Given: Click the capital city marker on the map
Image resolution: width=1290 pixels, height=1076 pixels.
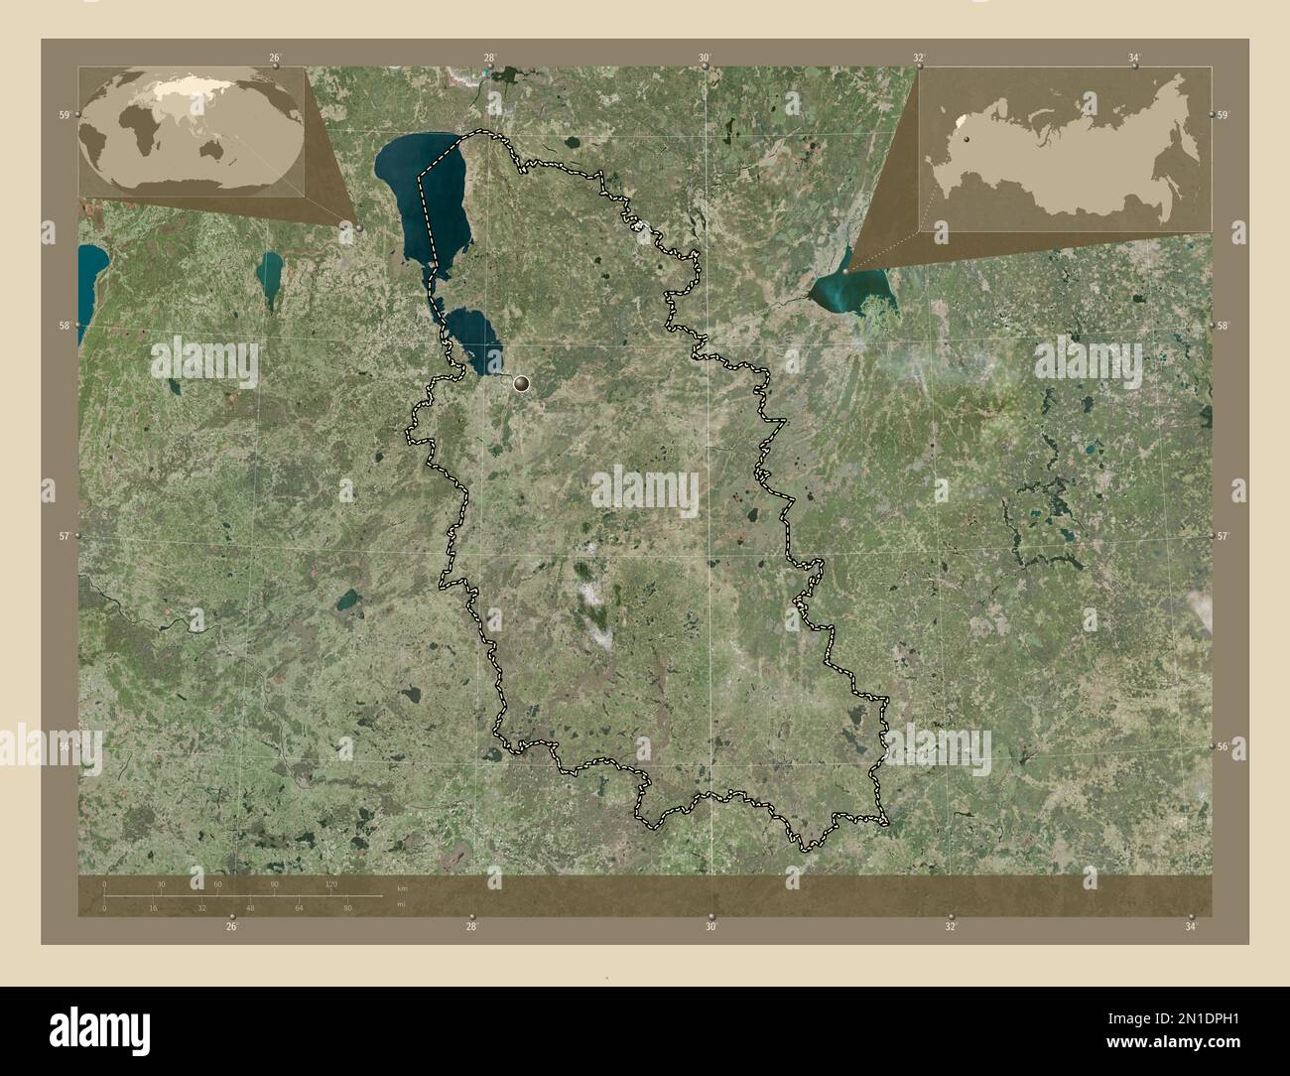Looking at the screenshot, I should (521, 382).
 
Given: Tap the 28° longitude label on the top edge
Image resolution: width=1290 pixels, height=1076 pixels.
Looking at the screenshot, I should (489, 59).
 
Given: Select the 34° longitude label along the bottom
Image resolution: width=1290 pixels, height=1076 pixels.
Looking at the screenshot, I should (1191, 926).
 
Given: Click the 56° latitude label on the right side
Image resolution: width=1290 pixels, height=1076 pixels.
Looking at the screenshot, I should (1223, 745).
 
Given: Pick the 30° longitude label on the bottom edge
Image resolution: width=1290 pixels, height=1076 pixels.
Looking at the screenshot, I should (710, 926).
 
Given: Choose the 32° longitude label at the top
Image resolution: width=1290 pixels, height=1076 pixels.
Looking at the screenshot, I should (920, 59).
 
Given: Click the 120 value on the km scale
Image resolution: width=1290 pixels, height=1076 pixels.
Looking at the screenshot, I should (330, 883).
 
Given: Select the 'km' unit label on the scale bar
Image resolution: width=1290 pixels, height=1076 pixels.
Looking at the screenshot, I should (402, 886).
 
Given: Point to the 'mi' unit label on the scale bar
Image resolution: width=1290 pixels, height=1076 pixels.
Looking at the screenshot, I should (402, 904).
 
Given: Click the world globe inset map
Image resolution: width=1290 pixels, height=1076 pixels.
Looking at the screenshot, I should (192, 131).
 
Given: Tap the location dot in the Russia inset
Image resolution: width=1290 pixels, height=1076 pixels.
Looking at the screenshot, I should (964, 140).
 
